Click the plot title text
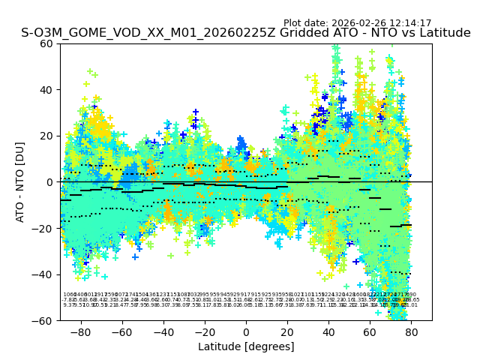(246, 33)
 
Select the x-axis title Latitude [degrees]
(246, 346)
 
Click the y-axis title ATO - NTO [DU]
(21, 182)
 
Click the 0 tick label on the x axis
(246, 331)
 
